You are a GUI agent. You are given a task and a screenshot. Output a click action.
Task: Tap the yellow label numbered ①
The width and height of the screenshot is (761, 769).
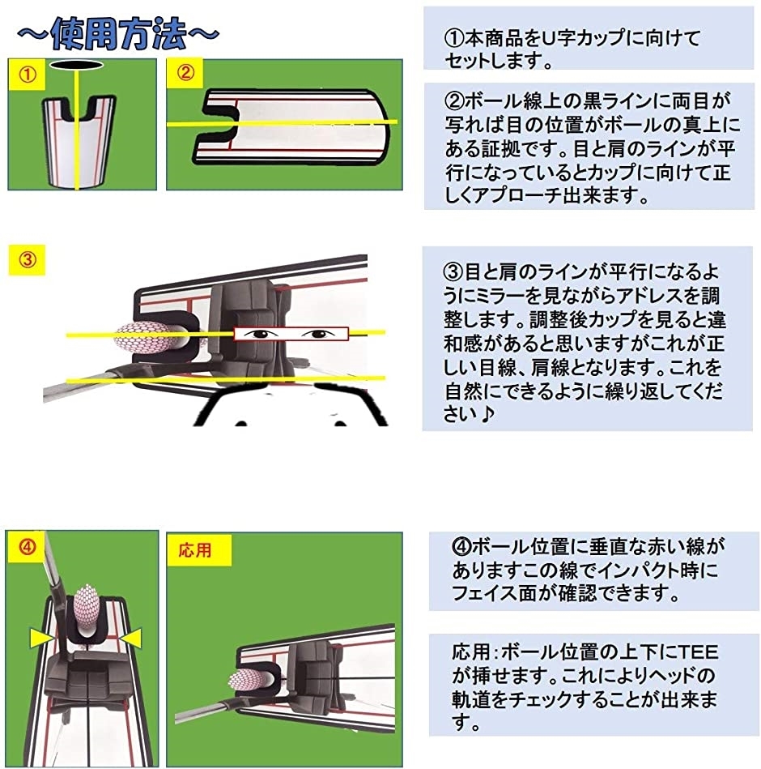[28, 75]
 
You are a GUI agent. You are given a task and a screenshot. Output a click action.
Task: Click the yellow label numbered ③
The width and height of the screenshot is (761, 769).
[28, 260]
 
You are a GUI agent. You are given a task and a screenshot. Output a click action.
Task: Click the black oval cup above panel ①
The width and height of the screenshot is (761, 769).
[75, 64]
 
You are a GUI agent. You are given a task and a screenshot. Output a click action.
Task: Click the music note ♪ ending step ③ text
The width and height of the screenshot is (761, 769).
[489, 413]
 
